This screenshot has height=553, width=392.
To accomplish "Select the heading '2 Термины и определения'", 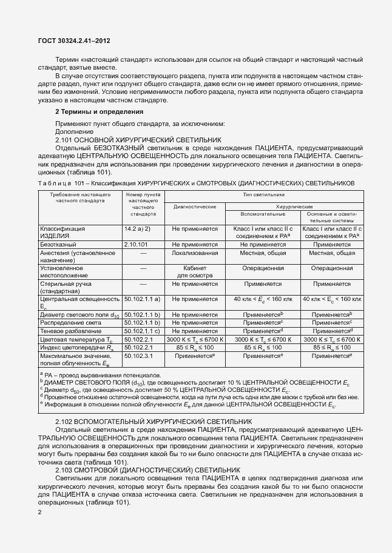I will [x=99, y=112].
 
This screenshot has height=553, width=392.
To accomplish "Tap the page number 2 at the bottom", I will [x=39, y=512].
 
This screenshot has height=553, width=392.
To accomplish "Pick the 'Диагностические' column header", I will [x=195, y=207].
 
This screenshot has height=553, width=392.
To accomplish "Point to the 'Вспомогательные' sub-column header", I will [x=263, y=214].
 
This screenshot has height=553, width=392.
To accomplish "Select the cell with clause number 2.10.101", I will [x=137, y=243].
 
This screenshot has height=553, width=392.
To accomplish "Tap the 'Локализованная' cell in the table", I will [x=195, y=253].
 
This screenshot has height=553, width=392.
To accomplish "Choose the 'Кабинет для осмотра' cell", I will [x=195, y=271].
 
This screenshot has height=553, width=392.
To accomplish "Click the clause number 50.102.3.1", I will [x=140, y=357].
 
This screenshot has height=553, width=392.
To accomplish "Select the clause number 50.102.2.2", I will [x=140, y=348].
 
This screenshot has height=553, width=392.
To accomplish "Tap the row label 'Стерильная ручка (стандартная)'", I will [x=64, y=286].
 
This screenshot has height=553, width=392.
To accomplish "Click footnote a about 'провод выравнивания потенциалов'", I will [x=101, y=376].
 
